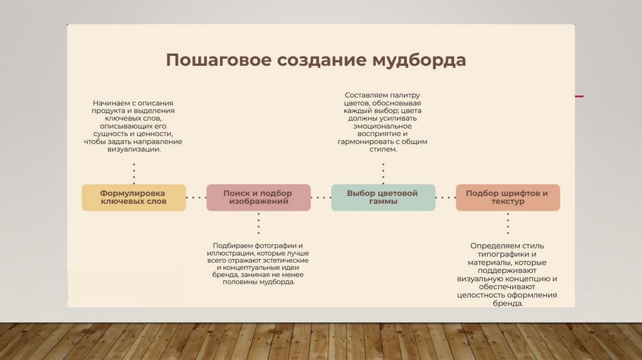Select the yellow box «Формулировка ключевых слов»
(x=134, y=197)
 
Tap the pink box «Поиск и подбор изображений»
(x=258, y=197)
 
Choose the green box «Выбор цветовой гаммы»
(x=382, y=197)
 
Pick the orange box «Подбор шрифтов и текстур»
(x=507, y=197)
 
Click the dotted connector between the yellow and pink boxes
(x=196, y=198)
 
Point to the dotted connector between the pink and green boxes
(x=320, y=198)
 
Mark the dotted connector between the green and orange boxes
(x=445, y=198)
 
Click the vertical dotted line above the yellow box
(x=134, y=170)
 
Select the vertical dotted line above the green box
(x=383, y=170)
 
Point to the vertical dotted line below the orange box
(x=507, y=224)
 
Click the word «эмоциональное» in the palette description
(x=382, y=125)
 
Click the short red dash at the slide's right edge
(x=579, y=96)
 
